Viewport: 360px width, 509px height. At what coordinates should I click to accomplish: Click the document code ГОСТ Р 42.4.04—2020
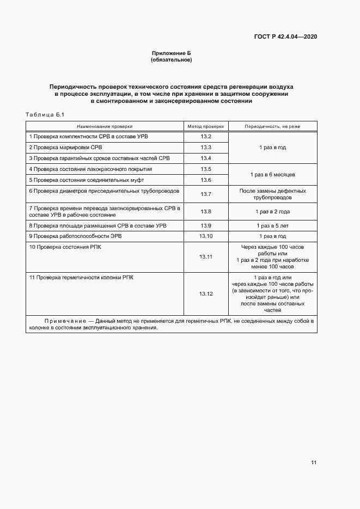285,36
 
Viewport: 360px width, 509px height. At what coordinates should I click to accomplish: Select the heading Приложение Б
171,53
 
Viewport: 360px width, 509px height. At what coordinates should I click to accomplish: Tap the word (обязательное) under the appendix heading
171,59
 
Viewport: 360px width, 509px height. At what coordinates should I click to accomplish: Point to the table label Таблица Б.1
45,114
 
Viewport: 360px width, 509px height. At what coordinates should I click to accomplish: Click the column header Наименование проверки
105,126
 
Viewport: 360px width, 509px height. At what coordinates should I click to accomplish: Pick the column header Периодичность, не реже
272,126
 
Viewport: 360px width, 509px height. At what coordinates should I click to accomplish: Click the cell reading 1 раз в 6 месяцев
272,175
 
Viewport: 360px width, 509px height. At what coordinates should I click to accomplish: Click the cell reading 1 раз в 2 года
272,211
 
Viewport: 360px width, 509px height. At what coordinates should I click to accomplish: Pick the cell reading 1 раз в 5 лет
272,225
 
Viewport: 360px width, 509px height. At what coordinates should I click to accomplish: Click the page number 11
314,463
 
